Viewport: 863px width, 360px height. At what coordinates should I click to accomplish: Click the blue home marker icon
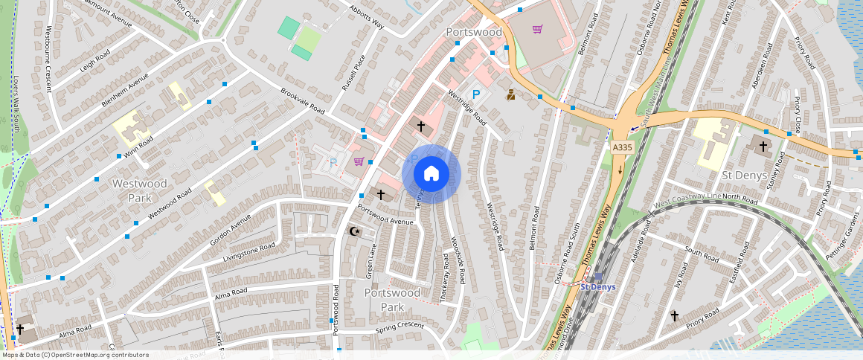click(x=431, y=174)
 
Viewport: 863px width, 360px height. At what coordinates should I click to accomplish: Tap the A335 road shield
click(x=622, y=149)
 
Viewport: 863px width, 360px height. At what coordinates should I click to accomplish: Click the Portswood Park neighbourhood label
click(x=392, y=300)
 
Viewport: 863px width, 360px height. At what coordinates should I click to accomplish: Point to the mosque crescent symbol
click(x=355, y=231)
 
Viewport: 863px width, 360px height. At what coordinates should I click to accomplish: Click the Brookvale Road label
click(x=302, y=101)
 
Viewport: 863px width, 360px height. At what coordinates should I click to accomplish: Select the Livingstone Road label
click(x=248, y=252)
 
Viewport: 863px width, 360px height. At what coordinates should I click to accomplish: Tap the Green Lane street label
click(x=370, y=261)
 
